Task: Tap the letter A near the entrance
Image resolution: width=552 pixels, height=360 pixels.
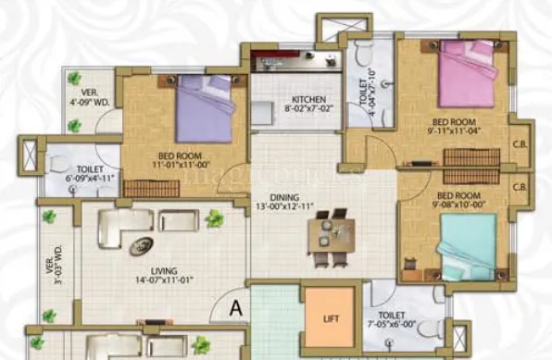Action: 235,309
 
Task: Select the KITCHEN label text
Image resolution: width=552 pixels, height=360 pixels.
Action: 307,100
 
